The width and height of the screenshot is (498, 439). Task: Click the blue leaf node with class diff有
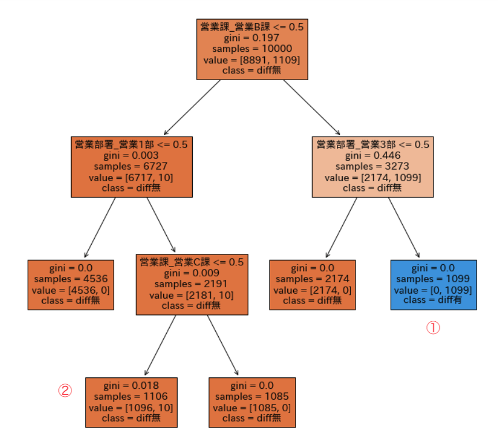pyautogui.click(x=433, y=284)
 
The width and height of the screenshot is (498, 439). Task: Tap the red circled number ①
pyautogui.click(x=433, y=328)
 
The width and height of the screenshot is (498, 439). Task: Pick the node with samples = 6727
pyautogui.click(x=131, y=167)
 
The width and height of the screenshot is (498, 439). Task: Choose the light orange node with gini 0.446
pyautogui.click(x=372, y=167)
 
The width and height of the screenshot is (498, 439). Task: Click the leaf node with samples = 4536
pyautogui.click(x=71, y=284)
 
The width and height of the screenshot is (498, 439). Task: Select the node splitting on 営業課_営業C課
pyautogui.click(x=192, y=284)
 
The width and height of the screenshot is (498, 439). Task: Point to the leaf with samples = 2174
pyautogui.click(x=312, y=284)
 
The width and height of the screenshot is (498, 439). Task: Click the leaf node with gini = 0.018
pyautogui.click(x=131, y=402)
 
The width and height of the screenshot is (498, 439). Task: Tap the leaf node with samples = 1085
pyautogui.click(x=252, y=402)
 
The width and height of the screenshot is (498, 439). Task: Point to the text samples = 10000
pyautogui.click(x=252, y=49)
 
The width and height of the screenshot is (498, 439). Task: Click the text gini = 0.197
pyautogui.click(x=252, y=38)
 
